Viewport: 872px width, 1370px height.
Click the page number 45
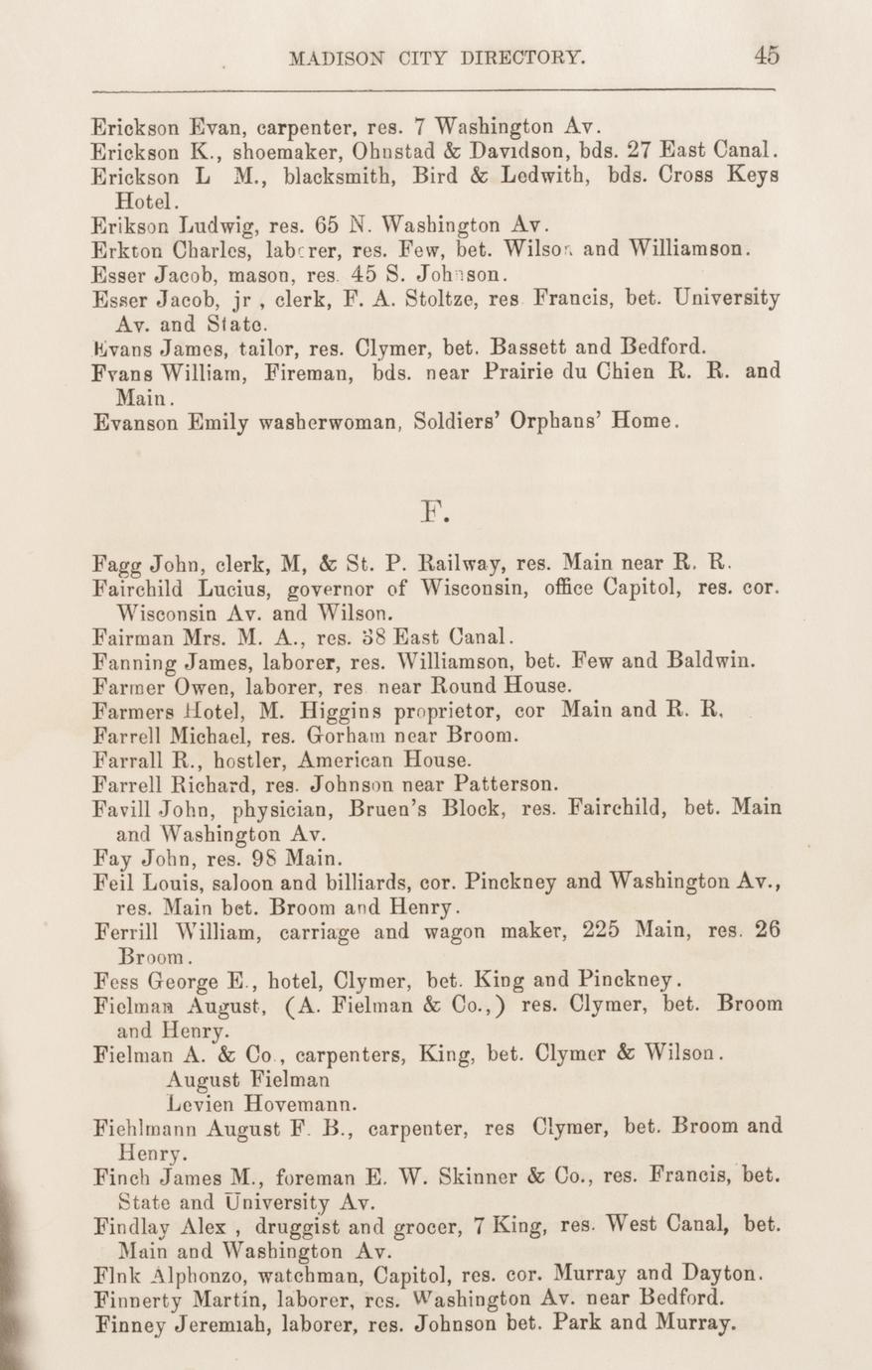pyautogui.click(x=766, y=56)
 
